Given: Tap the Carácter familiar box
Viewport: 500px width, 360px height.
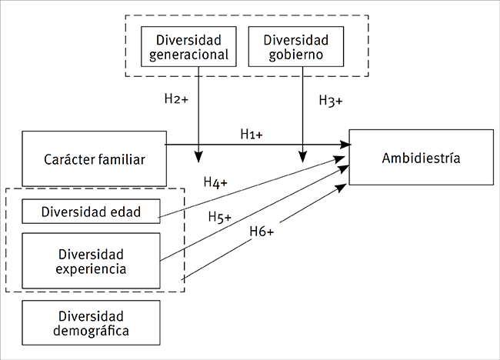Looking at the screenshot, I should pyautogui.click(x=95, y=159).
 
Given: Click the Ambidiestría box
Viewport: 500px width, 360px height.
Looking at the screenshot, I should pyautogui.click(x=421, y=158).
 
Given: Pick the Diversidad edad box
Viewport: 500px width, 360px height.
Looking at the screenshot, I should pyautogui.click(x=91, y=211).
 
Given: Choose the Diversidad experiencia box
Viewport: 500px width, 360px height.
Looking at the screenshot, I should pyautogui.click(x=91, y=261).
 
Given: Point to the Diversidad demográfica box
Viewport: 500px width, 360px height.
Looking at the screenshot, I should pyautogui.click(x=91, y=324).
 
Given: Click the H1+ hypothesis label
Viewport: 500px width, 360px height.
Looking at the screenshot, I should pyautogui.click(x=251, y=134).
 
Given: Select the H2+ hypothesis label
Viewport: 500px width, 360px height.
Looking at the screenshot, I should pyautogui.click(x=176, y=99).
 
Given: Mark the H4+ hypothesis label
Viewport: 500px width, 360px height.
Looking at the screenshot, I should pyautogui.click(x=215, y=182).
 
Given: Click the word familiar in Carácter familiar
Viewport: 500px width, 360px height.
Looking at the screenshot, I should pyautogui.click(x=118, y=159).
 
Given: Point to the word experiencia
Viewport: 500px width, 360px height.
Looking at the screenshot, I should pyautogui.click(x=91, y=268).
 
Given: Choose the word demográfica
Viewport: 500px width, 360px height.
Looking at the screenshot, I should pyautogui.click(x=91, y=332).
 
